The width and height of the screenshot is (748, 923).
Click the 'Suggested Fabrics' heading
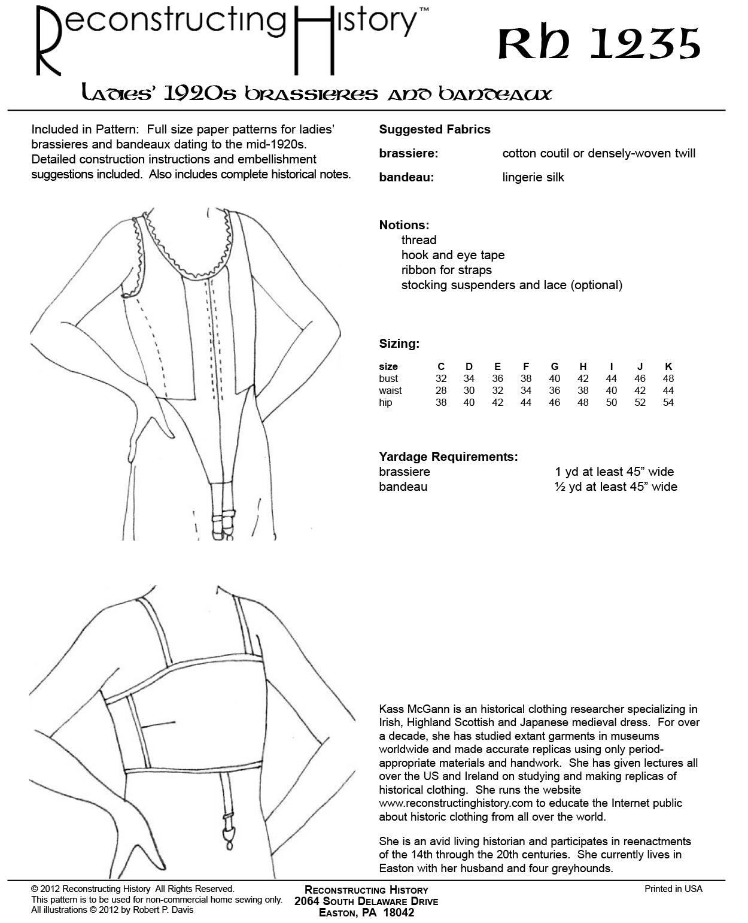tap(434, 129)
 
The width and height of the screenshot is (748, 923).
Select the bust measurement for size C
tap(441, 378)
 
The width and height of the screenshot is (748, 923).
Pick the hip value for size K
tap(668, 402)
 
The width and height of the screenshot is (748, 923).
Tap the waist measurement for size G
tap(555, 390)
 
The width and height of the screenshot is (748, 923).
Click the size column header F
tap(526, 366)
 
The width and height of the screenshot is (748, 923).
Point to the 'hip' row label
tap(385, 402)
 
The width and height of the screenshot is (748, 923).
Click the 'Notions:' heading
tap(404, 225)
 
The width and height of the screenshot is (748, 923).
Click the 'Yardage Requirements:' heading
tap(448, 457)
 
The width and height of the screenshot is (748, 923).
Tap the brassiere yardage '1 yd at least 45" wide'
tap(614, 472)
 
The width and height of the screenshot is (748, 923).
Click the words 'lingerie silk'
tap(533, 177)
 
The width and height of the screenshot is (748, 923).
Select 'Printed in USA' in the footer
tap(673, 889)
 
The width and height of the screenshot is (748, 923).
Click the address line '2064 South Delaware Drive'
tap(366, 901)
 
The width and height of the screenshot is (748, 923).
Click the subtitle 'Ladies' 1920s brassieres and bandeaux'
tap(317, 93)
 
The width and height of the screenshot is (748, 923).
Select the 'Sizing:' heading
tap(399, 344)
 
